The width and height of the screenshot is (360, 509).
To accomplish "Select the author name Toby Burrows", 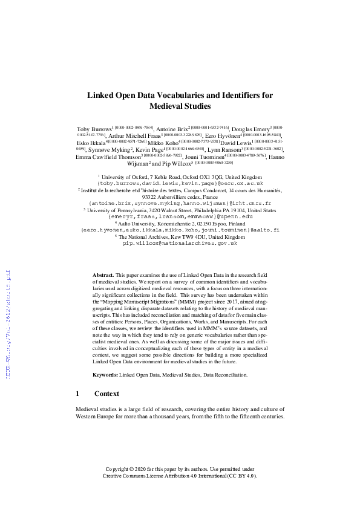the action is (94, 129).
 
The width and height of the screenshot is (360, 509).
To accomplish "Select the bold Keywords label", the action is (105, 375).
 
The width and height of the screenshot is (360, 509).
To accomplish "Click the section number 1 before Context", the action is (77, 394).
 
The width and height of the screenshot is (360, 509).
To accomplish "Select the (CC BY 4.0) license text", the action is (240, 476).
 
